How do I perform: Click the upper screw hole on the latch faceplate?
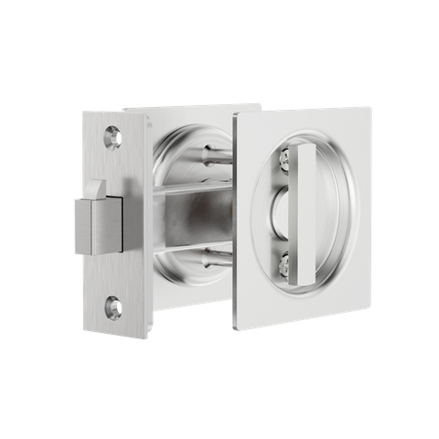tap(113, 135)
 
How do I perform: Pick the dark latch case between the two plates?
tap(187, 219)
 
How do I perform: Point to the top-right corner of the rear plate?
tap(260, 103)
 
